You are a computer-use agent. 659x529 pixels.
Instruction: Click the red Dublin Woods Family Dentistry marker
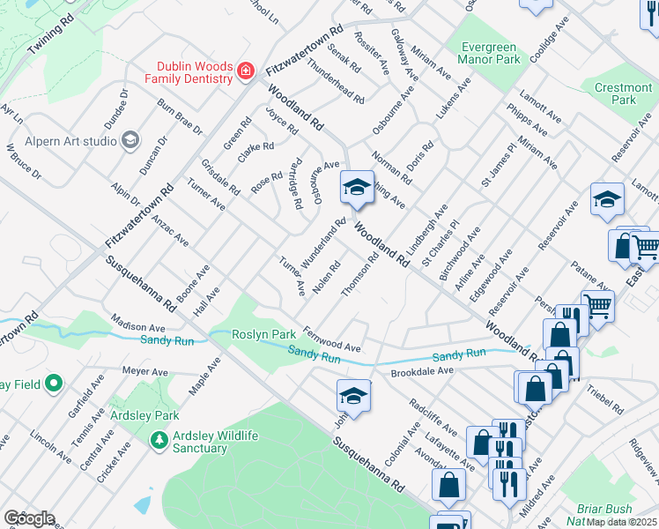(246, 71)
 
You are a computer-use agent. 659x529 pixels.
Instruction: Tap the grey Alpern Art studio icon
(130, 140)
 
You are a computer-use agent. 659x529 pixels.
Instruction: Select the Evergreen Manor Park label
(489, 52)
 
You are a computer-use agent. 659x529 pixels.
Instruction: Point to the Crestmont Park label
(623, 93)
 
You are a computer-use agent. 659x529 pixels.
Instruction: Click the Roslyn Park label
(263, 335)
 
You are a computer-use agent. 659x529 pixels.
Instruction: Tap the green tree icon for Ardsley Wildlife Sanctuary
(159, 438)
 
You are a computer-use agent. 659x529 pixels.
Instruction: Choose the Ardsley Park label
(144, 415)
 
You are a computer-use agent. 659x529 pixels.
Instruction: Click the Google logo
(29, 518)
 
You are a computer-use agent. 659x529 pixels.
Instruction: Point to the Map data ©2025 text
(622, 522)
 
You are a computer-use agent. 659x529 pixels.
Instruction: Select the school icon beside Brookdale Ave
(353, 397)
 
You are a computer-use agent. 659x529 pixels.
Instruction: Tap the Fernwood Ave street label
(333, 339)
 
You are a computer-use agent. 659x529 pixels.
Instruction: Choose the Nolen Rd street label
(326, 279)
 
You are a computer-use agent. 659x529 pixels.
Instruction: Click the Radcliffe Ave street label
(433, 415)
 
